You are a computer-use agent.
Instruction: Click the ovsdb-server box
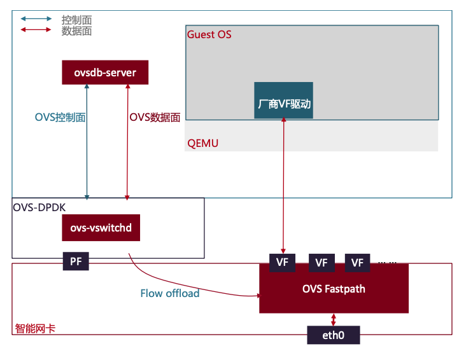pyautogui.click(x=105, y=73)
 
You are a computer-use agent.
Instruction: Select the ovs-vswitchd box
pyautogui.click(x=101, y=228)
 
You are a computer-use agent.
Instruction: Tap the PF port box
pyautogui.click(x=76, y=261)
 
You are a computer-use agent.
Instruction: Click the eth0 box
pyautogui.click(x=334, y=335)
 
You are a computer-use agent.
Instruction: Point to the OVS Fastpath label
pyautogui.click(x=334, y=289)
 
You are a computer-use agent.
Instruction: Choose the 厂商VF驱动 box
pyautogui.click(x=283, y=100)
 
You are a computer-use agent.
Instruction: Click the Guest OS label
pyautogui.click(x=209, y=34)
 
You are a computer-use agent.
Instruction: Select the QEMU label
pyautogui.click(x=202, y=144)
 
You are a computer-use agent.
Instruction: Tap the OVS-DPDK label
pyautogui.click(x=39, y=207)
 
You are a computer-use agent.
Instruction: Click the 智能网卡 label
pyautogui.click(x=35, y=328)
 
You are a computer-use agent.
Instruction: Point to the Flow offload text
pyautogui.click(x=170, y=293)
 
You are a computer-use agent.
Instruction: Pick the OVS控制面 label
pyautogui.click(x=60, y=117)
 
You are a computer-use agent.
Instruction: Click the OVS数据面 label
pyautogui.click(x=155, y=117)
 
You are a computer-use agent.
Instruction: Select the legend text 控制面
pyautogui.click(x=76, y=20)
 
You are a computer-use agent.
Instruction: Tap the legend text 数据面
pyautogui.click(x=76, y=31)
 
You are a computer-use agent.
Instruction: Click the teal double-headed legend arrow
pyautogui.click(x=36, y=18)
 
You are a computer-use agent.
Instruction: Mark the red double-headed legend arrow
pyautogui.click(x=36, y=29)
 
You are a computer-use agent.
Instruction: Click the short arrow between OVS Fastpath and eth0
pyautogui.click(x=334, y=319)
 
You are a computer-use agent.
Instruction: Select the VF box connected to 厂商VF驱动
pyautogui.click(x=282, y=263)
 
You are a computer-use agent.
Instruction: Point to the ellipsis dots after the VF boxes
pyautogui.click(x=387, y=263)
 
